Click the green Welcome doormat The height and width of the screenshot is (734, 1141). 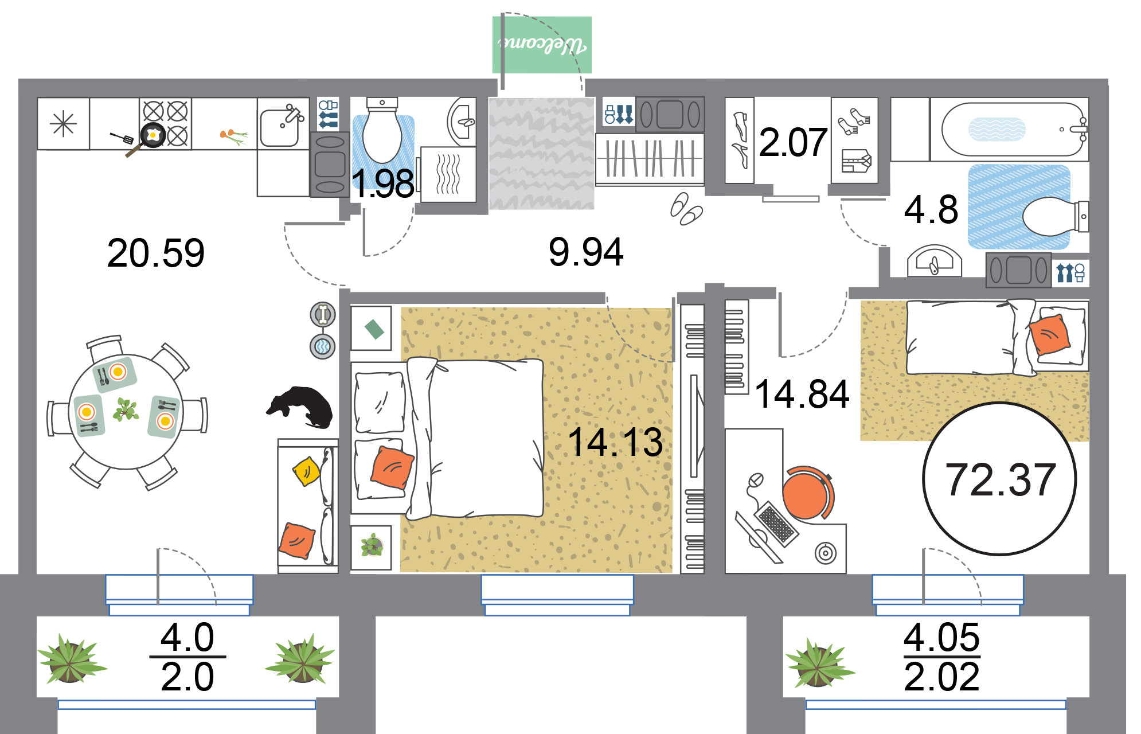(542, 45)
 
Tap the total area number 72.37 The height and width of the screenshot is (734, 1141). (1000, 479)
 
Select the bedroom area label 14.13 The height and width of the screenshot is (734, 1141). (615, 442)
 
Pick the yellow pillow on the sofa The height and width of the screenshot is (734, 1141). (306, 471)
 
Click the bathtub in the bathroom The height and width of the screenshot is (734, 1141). (1012, 130)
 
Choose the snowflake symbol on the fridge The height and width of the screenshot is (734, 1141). (63, 124)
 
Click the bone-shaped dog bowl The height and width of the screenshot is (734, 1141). (323, 314)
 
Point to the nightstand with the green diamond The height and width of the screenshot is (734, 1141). (372, 329)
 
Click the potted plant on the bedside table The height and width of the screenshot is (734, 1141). (372, 545)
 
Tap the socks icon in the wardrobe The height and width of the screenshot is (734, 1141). (854, 122)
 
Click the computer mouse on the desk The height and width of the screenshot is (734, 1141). (756, 480)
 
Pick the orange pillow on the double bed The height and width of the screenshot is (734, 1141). (392, 468)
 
